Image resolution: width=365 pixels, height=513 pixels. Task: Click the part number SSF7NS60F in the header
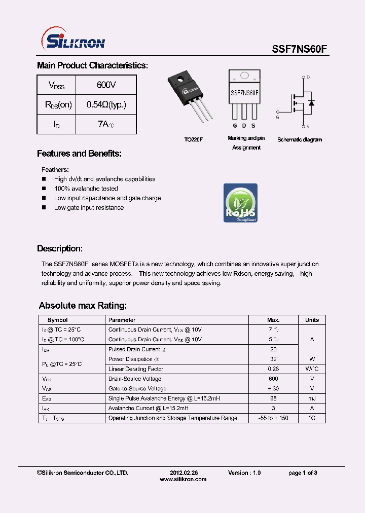point(300,49)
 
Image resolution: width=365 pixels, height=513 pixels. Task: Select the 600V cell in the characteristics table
point(106,85)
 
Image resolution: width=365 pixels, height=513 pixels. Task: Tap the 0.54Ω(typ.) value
point(106,105)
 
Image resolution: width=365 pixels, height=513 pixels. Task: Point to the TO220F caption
point(193,139)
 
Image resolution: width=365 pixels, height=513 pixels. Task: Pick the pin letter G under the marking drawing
point(235,125)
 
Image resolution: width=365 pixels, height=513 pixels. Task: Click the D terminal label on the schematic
point(308,77)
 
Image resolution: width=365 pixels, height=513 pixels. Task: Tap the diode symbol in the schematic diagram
point(311,103)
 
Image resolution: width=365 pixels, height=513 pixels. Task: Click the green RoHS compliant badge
point(240,203)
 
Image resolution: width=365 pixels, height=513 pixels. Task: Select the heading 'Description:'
point(60,249)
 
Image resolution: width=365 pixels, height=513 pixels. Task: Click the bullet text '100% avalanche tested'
point(86,189)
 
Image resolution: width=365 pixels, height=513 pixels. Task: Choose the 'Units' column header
point(312,320)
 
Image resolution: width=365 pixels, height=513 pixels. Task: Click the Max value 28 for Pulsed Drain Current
point(274,349)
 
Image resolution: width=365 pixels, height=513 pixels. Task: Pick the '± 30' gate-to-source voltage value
point(274,389)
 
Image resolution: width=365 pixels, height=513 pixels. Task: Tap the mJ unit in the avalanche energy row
point(312,398)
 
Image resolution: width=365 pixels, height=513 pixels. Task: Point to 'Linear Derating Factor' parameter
point(136,369)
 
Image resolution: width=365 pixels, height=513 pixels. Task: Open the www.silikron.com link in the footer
point(183,479)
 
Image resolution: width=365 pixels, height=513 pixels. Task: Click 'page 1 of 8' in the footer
point(303,472)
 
